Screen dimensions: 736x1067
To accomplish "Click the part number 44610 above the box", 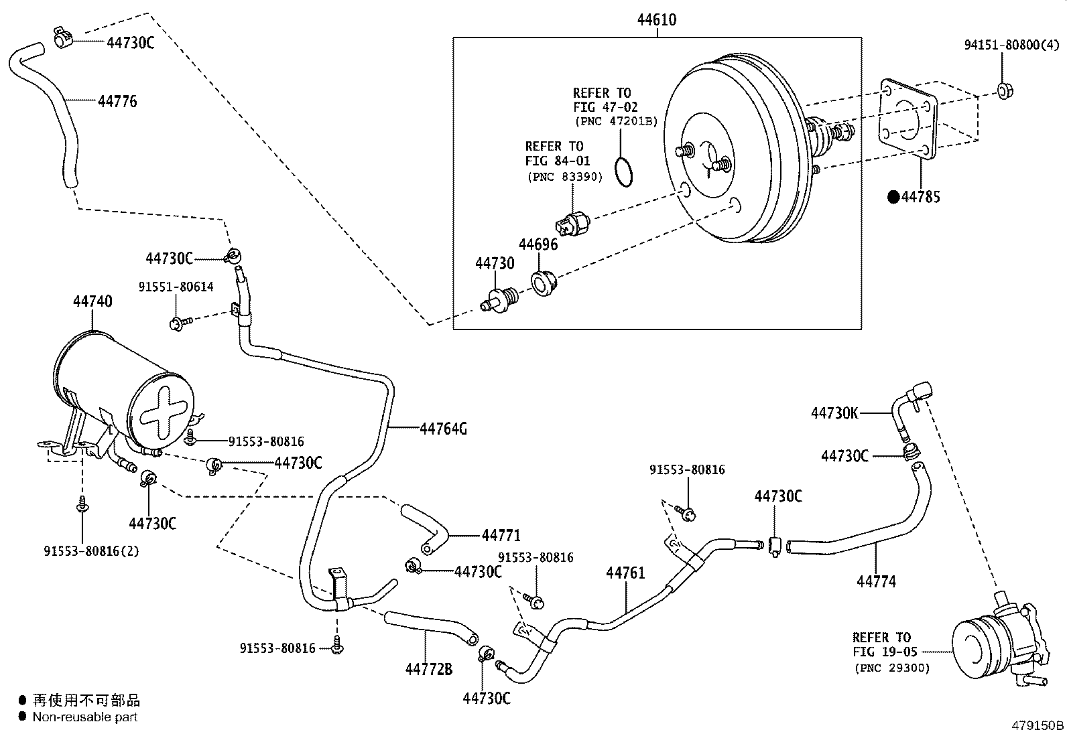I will [656, 20].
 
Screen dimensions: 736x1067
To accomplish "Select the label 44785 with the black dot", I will [920, 197].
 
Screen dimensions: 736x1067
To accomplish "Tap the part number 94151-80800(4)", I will [1011, 45].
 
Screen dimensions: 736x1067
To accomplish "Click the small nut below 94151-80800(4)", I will [1003, 91].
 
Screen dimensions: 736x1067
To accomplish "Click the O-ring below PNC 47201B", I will [624, 171].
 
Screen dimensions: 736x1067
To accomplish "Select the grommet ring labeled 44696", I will [542, 282].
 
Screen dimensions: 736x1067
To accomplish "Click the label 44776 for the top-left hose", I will [117, 102].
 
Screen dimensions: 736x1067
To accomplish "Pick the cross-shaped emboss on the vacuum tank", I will [165, 410].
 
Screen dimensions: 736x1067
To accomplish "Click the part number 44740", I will [92, 301].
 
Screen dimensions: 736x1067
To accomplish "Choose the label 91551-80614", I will [176, 287].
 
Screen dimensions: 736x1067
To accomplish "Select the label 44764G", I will [443, 429].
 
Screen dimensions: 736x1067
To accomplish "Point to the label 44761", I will [625, 573].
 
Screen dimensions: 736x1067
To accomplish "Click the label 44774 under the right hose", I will [876, 582].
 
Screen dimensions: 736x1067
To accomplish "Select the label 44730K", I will [834, 413].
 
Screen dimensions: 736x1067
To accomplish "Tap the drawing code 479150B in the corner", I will [1038, 725].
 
